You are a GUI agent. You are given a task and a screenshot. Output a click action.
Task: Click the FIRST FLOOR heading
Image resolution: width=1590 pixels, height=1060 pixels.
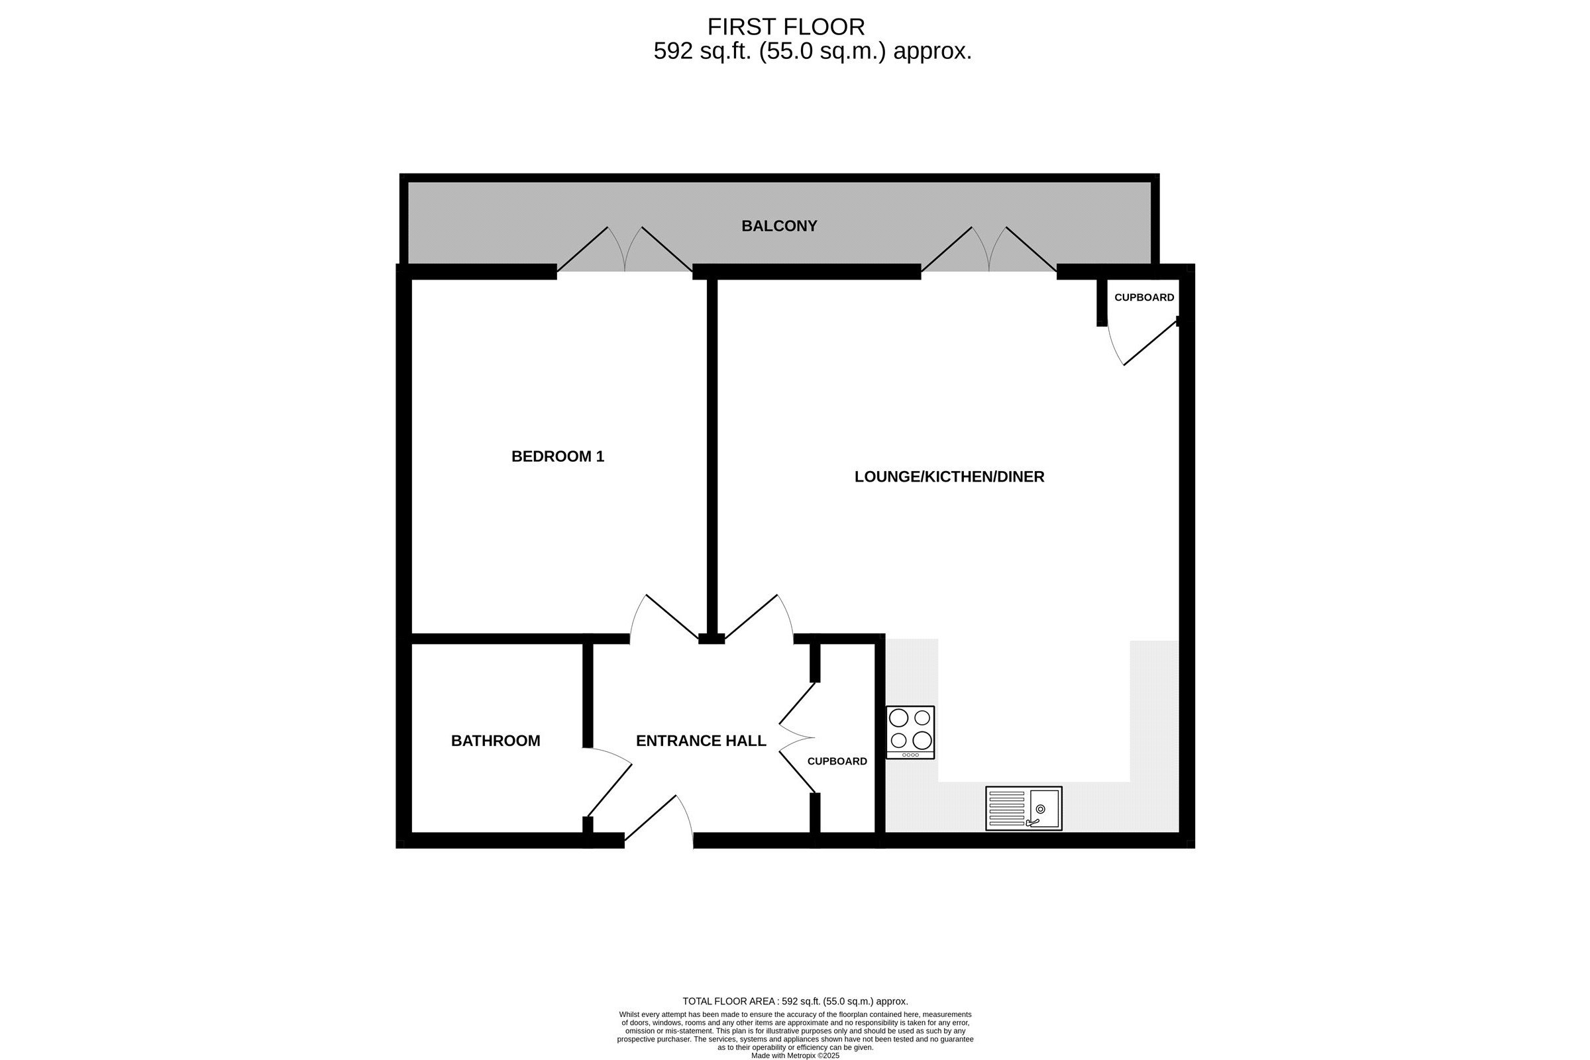coord(786,27)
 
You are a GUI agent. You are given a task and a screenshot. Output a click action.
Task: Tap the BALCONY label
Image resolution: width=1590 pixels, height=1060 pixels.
coord(779,226)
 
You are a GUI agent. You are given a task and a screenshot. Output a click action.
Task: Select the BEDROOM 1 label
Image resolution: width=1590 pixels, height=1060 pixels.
coord(558,456)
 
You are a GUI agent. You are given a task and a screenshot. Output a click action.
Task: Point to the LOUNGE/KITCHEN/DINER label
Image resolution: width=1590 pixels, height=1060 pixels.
coord(949,476)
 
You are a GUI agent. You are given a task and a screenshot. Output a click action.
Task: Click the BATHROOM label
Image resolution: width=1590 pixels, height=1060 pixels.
coord(496,741)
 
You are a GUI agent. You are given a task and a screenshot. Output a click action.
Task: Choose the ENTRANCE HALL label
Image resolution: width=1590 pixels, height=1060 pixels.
coord(701,741)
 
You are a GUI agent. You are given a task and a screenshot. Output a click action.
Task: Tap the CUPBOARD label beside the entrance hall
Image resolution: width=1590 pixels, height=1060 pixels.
coord(837,761)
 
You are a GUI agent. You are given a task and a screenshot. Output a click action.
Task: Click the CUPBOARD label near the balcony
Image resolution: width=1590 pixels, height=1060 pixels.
coord(1144,297)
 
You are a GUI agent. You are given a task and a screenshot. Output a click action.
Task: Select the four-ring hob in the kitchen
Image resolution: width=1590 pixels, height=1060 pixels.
coord(910,733)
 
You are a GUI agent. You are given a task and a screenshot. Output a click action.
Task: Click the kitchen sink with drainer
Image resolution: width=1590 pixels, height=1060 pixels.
coord(1024,808)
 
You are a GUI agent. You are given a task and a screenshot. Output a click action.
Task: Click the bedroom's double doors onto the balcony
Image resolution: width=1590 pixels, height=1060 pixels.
coord(625,250)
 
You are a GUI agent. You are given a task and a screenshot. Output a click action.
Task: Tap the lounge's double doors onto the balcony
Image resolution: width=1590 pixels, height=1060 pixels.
coord(989,250)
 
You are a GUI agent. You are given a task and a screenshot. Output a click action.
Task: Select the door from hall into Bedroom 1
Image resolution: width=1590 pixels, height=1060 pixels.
coord(664,617)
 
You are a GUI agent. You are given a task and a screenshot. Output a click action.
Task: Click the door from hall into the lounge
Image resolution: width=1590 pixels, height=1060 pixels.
coord(759,617)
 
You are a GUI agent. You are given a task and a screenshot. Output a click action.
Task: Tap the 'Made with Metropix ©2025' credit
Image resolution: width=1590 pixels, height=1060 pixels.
coord(795,1055)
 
